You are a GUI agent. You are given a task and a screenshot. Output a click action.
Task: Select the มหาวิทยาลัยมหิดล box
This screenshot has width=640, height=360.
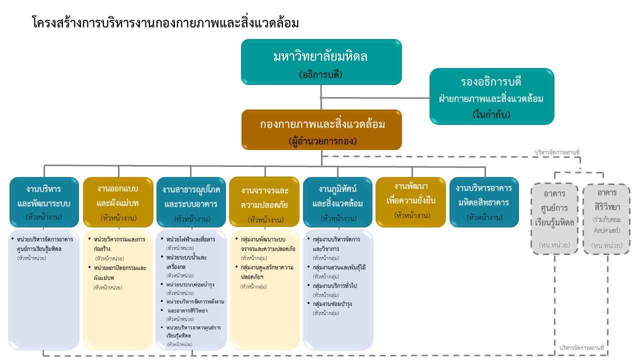(321, 62)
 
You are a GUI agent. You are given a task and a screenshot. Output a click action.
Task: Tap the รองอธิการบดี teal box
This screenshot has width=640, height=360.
(491, 96)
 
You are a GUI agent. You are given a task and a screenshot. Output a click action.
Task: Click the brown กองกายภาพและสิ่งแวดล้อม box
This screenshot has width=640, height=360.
(321, 130)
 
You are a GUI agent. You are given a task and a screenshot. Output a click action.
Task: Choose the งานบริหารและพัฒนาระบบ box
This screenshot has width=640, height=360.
(44, 202)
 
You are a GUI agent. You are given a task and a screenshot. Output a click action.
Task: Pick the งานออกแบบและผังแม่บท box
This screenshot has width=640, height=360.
(117, 202)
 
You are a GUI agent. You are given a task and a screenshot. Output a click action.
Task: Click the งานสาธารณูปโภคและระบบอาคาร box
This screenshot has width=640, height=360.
(190, 202)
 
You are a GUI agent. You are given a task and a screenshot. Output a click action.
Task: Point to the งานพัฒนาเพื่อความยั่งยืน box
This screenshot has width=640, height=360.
(410, 201)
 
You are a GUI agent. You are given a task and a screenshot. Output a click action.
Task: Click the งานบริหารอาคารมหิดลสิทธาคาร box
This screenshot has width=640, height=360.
(483, 202)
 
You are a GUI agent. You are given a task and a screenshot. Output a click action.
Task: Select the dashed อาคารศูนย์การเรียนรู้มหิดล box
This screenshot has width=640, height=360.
(554, 219)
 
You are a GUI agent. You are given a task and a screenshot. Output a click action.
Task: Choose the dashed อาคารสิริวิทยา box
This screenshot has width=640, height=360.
(606, 219)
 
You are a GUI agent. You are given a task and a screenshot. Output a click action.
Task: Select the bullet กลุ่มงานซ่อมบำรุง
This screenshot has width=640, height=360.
(332, 303)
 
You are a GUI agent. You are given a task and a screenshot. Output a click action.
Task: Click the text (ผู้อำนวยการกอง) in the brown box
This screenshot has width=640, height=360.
(322, 141)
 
